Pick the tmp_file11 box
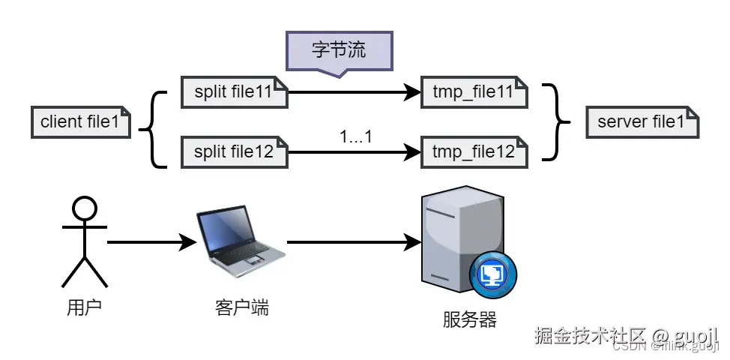474,92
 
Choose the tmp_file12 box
474,151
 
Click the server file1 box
642,122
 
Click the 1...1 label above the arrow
356,137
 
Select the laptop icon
240,238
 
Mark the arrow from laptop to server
352,242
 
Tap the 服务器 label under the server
470,319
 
